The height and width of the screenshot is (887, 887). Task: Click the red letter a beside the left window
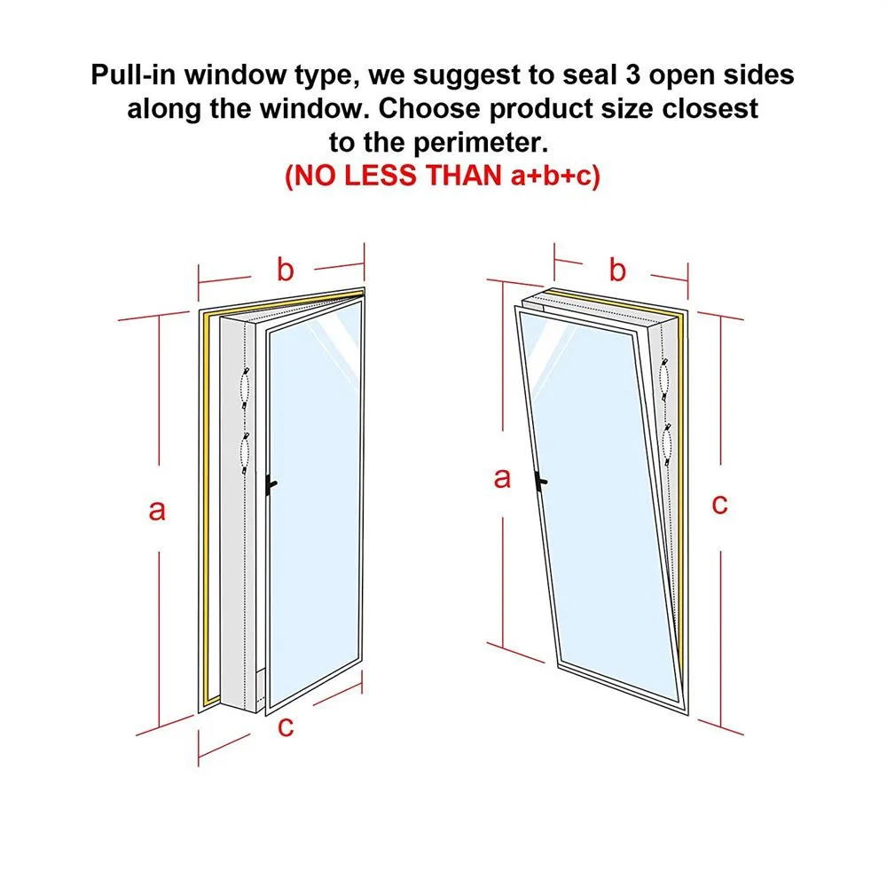157,511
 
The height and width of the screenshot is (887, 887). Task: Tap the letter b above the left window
285,270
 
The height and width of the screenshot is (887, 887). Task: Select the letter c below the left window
285,727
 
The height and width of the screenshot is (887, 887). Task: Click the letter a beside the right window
503,478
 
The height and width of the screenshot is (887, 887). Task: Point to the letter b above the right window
618,269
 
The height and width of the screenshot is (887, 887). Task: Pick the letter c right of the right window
719,504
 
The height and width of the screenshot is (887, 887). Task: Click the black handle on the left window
271,483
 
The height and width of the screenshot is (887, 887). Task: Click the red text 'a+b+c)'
555,176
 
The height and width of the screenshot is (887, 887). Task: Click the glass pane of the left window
314,497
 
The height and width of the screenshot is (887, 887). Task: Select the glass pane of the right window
603,497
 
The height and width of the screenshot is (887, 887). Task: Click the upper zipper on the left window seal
246,385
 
